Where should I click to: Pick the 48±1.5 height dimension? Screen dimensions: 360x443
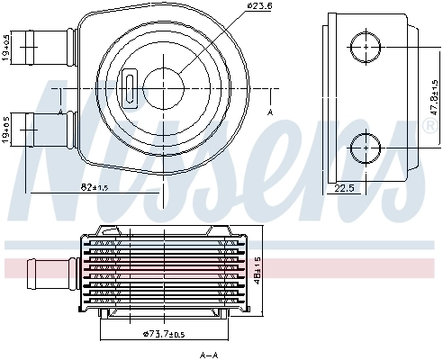pyautogui.click(x=259, y=268)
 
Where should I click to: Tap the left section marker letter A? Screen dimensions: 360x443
pyautogui.click(x=59, y=112)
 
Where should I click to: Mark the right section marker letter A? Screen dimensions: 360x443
pyautogui.click(x=270, y=112)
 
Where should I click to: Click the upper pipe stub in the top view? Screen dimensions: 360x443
pyautogui.click(x=50, y=41)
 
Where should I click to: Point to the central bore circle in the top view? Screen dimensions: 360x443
pyautogui.click(x=163, y=87)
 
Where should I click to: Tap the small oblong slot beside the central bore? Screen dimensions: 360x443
pyautogui.click(x=129, y=89)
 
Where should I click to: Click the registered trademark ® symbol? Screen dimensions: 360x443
pyautogui.click(x=431, y=127)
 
